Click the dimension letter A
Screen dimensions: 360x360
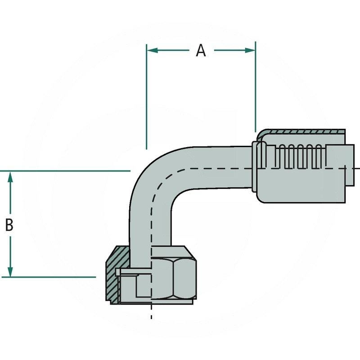(201, 51)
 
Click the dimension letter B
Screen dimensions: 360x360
(9, 225)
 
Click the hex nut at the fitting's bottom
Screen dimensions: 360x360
(173, 273)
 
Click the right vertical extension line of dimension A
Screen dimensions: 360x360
(255, 90)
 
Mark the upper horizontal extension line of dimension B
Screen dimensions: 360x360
(67, 171)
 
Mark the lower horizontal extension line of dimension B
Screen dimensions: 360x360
(54, 277)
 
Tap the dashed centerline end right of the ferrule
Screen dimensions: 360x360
(356, 168)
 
